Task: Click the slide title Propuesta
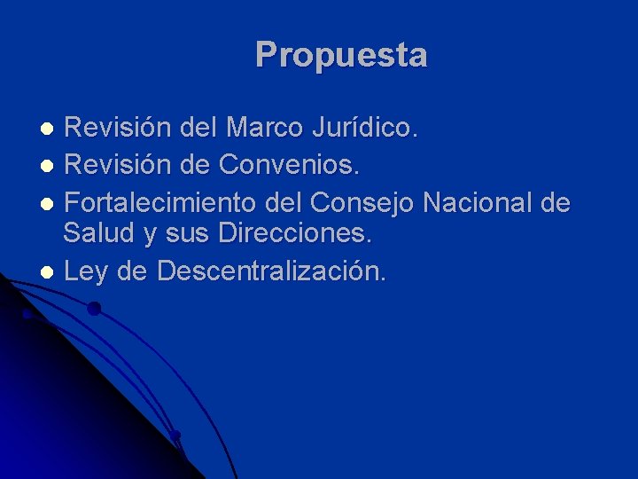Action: click(x=341, y=55)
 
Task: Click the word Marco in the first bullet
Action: click(x=263, y=129)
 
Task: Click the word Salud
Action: click(x=99, y=235)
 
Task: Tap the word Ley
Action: click(x=84, y=271)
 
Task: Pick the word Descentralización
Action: click(x=271, y=271)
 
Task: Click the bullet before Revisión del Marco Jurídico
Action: click(x=51, y=130)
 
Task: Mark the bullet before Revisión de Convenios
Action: click(x=51, y=166)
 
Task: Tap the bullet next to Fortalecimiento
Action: click(x=51, y=202)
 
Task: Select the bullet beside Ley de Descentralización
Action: click(x=51, y=272)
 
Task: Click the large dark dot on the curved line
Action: click(x=93, y=309)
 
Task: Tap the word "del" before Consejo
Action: click(x=284, y=201)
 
